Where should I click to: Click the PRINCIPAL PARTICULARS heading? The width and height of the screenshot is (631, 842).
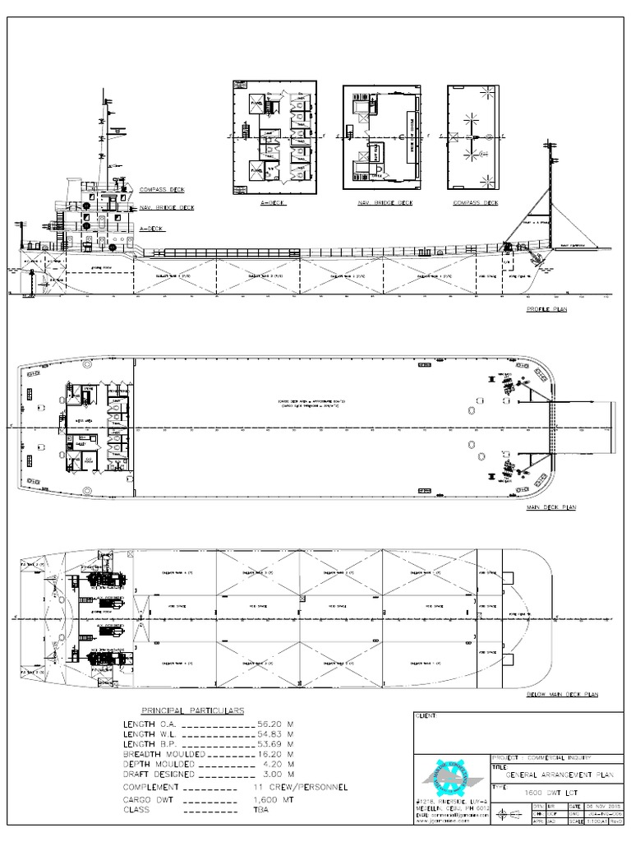click(x=191, y=710)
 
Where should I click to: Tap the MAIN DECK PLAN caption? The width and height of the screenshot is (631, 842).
click(x=550, y=508)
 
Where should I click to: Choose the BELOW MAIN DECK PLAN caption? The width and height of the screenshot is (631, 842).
click(x=562, y=695)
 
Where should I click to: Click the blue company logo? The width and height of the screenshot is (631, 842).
click(x=444, y=781)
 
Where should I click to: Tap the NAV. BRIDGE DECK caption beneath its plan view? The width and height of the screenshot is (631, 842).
click(x=385, y=202)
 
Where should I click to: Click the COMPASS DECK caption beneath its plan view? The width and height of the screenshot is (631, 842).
click(x=476, y=202)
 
